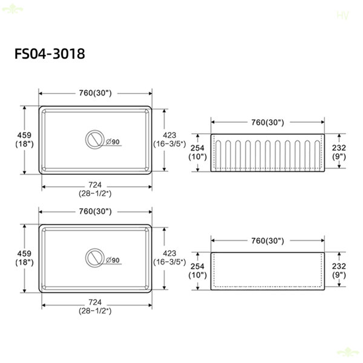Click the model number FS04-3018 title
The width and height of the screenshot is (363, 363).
[50, 54]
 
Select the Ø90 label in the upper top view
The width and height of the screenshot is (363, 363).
[113, 142]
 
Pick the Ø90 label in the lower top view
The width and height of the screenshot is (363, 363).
[113, 260]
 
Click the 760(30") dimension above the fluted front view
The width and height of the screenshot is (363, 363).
[267, 122]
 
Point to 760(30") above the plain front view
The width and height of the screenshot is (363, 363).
[267, 241]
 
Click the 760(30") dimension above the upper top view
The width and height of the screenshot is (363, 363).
[95, 93]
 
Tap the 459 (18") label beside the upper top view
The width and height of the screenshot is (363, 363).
[24, 140]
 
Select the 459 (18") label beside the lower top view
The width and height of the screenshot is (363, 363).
[24, 258]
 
